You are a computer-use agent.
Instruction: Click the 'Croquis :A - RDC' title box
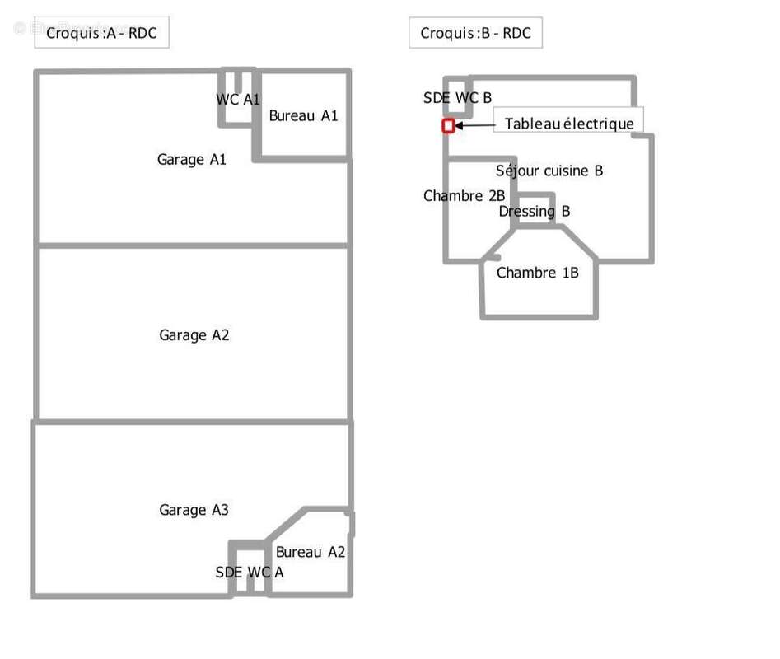[x=101, y=34]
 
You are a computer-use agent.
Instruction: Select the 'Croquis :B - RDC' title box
[x=475, y=34]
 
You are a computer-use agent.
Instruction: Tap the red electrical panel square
[x=448, y=126]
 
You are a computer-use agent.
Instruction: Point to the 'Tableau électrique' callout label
[x=569, y=124]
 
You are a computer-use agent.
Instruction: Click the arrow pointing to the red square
[x=474, y=126]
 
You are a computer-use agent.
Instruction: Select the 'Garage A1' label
[x=191, y=159]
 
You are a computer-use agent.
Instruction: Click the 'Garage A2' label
[x=194, y=334]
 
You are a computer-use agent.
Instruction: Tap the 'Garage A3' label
[x=194, y=510]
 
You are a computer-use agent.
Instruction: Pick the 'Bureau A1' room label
[x=303, y=116]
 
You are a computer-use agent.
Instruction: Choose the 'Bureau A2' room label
[x=310, y=552]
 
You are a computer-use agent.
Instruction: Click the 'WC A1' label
[x=238, y=100]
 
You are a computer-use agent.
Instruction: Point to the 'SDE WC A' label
[x=249, y=572]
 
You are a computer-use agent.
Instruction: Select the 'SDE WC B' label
[x=457, y=98]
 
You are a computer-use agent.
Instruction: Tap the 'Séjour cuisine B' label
[x=549, y=171]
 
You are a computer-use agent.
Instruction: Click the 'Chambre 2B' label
[x=464, y=196]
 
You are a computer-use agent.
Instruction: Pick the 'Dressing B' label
[x=535, y=211]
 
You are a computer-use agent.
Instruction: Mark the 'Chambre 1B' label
[x=537, y=273]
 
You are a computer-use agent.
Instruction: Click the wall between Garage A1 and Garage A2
[x=193, y=245]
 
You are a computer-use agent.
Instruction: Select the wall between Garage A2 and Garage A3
[x=193, y=421]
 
